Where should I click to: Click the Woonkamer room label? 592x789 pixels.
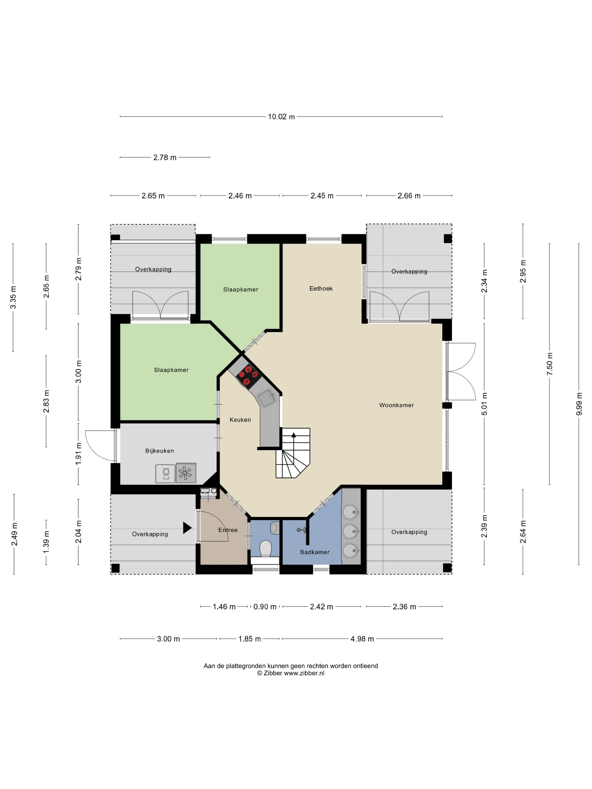pyautogui.click(x=396, y=405)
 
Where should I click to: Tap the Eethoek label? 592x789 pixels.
pyautogui.click(x=321, y=289)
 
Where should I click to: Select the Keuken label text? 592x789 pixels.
pyautogui.click(x=240, y=420)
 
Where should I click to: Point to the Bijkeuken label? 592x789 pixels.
pyautogui.click(x=160, y=451)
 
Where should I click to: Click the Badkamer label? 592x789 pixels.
pyautogui.click(x=314, y=552)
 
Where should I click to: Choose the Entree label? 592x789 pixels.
pyautogui.click(x=228, y=530)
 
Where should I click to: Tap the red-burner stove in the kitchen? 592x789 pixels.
pyautogui.click(x=248, y=376)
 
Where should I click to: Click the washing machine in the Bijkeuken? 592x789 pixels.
pyautogui.click(x=165, y=473)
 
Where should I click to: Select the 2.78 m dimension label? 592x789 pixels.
pyautogui.click(x=165, y=157)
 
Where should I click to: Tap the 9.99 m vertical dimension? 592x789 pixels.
pyautogui.click(x=579, y=404)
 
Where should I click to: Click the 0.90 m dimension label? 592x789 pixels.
pyautogui.click(x=265, y=607)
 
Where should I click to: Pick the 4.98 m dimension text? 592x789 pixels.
pyautogui.click(x=362, y=639)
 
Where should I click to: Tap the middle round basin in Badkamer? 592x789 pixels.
pyautogui.click(x=350, y=531)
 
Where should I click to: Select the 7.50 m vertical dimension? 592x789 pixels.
pyautogui.click(x=549, y=364)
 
